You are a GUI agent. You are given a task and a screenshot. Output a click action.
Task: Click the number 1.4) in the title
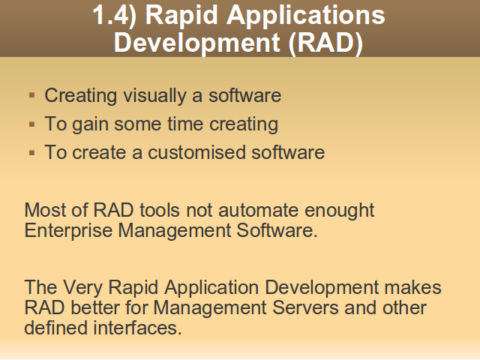tap(115, 15)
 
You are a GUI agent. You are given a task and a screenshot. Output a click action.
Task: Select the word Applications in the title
tap(305, 16)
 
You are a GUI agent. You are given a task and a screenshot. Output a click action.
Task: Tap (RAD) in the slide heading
tap(325, 43)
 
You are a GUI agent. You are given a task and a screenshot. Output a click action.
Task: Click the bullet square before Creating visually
tap(31, 95)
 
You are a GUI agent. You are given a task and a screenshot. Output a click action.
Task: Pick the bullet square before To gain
tap(31, 124)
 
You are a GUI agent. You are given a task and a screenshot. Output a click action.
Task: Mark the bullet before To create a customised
tap(31, 153)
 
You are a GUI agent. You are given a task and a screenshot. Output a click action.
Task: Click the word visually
tap(154, 96)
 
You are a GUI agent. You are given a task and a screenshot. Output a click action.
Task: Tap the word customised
tap(196, 152)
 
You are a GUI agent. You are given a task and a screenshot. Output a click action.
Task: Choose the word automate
tap(258, 211)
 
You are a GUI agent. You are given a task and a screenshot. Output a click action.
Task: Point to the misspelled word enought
tap(339, 211)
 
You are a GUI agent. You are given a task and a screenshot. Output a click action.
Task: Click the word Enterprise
tap(68, 231)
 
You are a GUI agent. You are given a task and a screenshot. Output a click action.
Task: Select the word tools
tap(160, 210)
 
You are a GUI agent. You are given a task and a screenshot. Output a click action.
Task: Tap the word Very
tap(82, 288)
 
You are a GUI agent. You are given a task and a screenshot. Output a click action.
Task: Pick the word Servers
tap(305, 307)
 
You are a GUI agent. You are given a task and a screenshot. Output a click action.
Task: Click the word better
tap(95, 307)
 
